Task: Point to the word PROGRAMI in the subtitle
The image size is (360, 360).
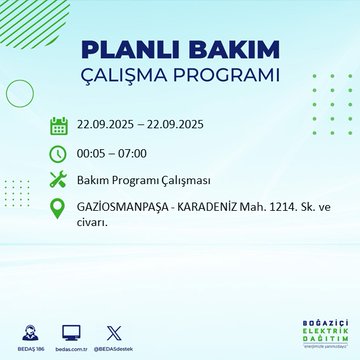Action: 226,76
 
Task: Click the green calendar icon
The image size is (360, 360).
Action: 59,125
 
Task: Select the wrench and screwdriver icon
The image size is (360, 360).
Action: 59,181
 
